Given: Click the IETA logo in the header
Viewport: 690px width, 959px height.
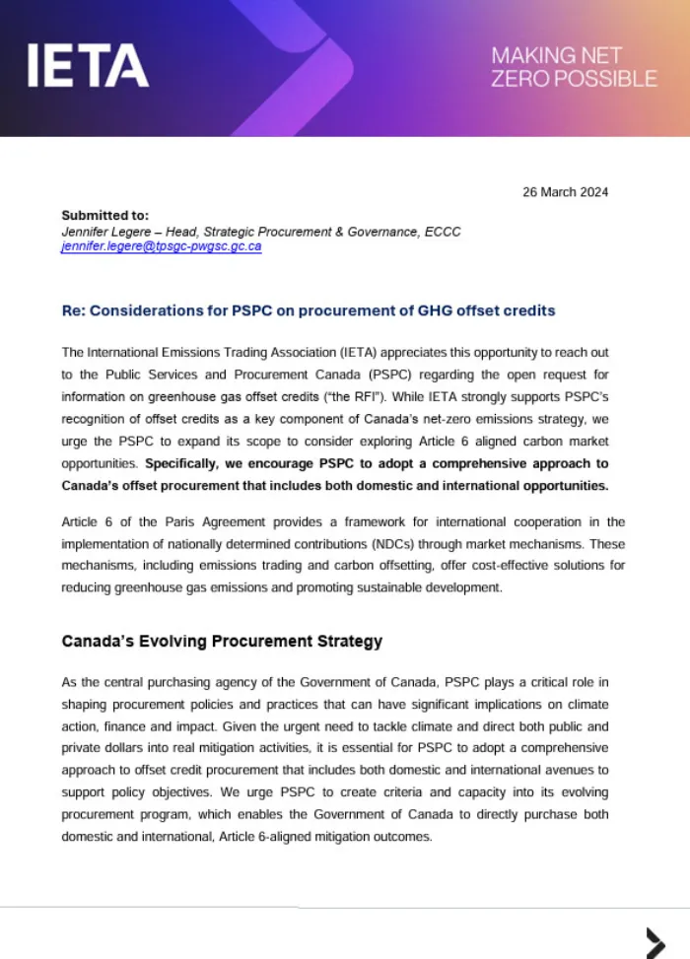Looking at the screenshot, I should click(88, 65).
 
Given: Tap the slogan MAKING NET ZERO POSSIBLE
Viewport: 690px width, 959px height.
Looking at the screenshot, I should click(574, 66).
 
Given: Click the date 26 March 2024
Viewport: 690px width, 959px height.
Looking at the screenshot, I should click(565, 192).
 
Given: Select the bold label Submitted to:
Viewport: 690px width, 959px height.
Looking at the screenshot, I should click(105, 215).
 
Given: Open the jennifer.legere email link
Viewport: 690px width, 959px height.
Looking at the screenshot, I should click(161, 246).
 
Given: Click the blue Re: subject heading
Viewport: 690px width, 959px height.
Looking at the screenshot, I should click(309, 310).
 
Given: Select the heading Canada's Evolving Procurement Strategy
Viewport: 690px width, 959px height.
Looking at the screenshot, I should click(222, 642).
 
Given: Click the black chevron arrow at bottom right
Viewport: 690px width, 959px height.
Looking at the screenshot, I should click(655, 940).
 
